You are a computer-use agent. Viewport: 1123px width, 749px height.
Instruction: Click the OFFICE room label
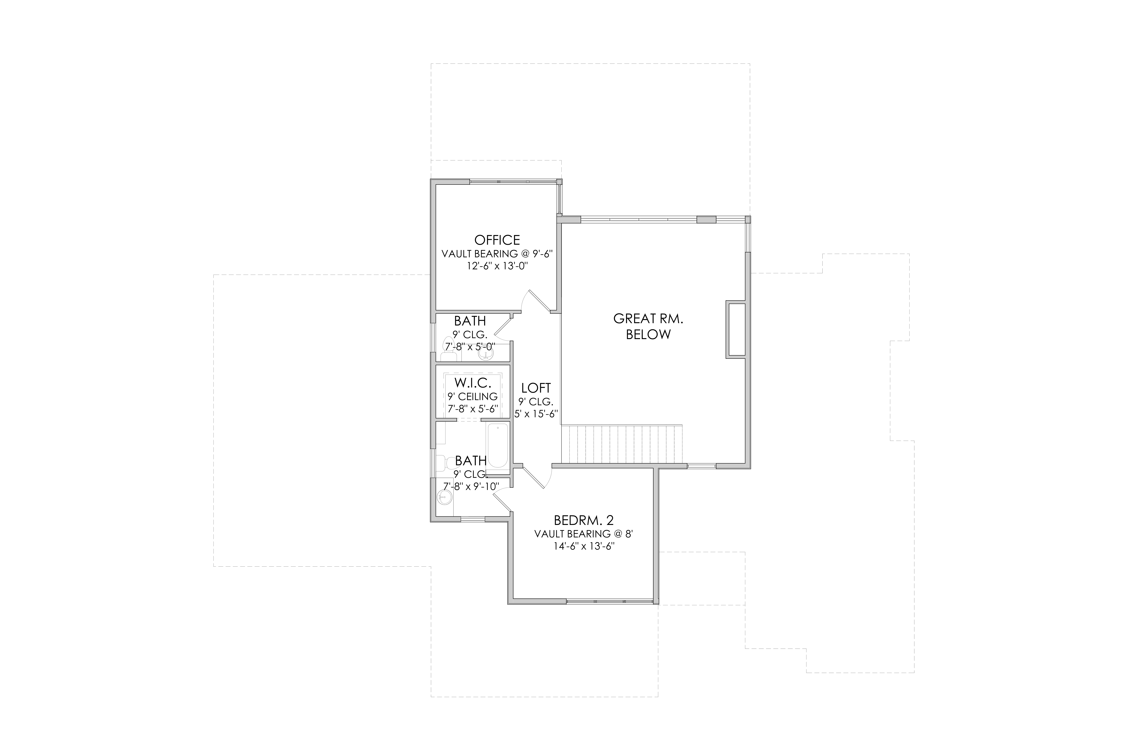click(x=497, y=240)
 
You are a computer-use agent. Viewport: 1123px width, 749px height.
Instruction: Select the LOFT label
click(x=536, y=388)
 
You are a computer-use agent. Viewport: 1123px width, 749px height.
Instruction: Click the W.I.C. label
click(x=472, y=383)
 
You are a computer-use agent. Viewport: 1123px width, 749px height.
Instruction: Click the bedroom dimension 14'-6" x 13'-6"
click(x=583, y=546)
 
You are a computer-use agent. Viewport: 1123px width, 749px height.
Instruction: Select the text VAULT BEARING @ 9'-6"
click(x=497, y=254)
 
